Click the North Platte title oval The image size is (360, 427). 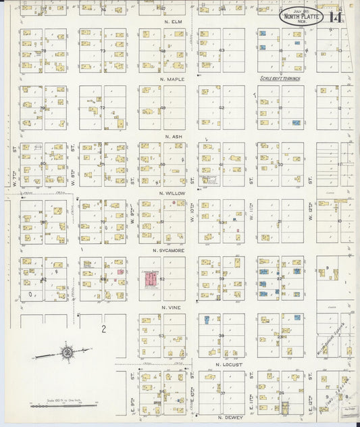point(301,16)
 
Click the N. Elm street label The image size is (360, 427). point(174,22)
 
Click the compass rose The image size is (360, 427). point(68,351)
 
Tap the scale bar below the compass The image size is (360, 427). point(64,405)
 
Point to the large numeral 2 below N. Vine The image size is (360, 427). point(103,329)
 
